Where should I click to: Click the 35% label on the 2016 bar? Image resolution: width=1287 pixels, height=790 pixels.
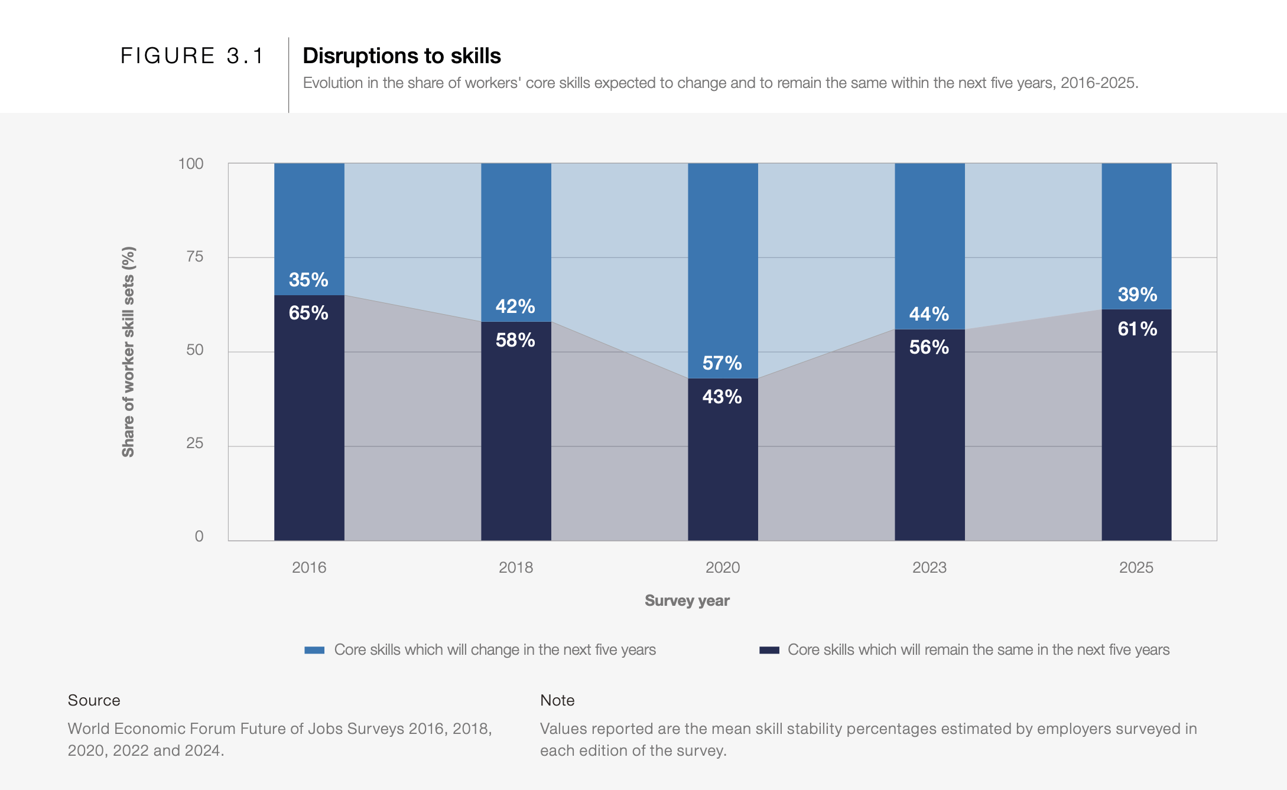(308, 280)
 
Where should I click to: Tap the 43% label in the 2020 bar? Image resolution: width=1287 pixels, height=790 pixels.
(722, 397)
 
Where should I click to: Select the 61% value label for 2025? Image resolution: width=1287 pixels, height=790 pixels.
(1137, 329)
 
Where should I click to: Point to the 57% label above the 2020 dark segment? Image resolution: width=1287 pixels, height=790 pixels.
(722, 363)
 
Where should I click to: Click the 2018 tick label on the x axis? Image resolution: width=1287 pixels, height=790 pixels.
(515, 567)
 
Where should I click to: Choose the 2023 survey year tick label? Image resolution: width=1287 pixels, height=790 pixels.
(929, 567)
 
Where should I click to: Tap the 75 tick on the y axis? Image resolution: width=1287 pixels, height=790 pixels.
(194, 256)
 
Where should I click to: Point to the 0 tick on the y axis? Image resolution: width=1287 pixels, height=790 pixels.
(199, 536)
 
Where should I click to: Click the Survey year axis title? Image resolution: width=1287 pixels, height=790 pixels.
(687, 600)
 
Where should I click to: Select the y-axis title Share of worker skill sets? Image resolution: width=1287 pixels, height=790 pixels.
(128, 352)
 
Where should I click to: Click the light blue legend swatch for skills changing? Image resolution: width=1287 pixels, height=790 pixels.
(314, 650)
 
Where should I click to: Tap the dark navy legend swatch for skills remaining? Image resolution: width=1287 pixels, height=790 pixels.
(769, 650)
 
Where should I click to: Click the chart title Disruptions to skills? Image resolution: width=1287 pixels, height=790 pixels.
(401, 56)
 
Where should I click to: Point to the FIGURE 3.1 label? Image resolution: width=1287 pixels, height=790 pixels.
(192, 56)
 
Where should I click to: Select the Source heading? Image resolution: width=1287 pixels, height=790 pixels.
(94, 700)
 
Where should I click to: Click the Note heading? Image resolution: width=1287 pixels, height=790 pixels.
(557, 700)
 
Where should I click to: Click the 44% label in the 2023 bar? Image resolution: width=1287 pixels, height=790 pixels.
(929, 314)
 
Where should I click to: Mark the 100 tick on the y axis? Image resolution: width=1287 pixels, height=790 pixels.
(191, 164)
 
